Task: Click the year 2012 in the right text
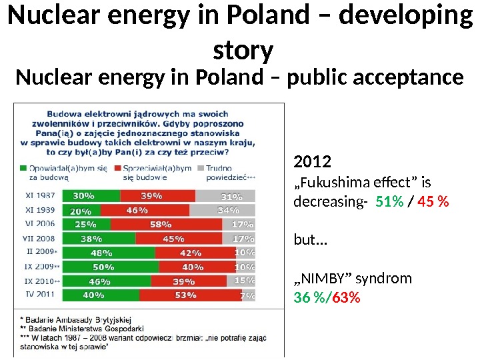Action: tap(312, 163)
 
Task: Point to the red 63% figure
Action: tap(345, 297)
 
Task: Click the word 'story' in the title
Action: tap(243, 51)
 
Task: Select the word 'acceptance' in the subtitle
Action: tap(405, 78)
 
